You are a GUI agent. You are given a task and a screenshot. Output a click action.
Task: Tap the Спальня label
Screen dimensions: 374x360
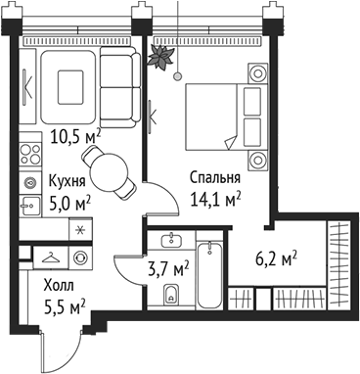click(214, 179)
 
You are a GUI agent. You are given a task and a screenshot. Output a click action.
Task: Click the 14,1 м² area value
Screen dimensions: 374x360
click(214, 200)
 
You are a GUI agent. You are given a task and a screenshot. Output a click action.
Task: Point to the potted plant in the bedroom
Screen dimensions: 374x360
click(157, 56)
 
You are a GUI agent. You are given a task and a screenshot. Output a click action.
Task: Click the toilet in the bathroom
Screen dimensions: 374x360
click(173, 291)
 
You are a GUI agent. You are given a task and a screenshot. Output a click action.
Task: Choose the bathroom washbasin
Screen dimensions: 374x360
click(173, 240)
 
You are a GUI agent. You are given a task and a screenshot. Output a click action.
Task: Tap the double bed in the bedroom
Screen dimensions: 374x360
click(225, 109)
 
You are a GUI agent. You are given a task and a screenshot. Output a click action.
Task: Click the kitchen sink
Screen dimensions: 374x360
click(29, 203)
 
